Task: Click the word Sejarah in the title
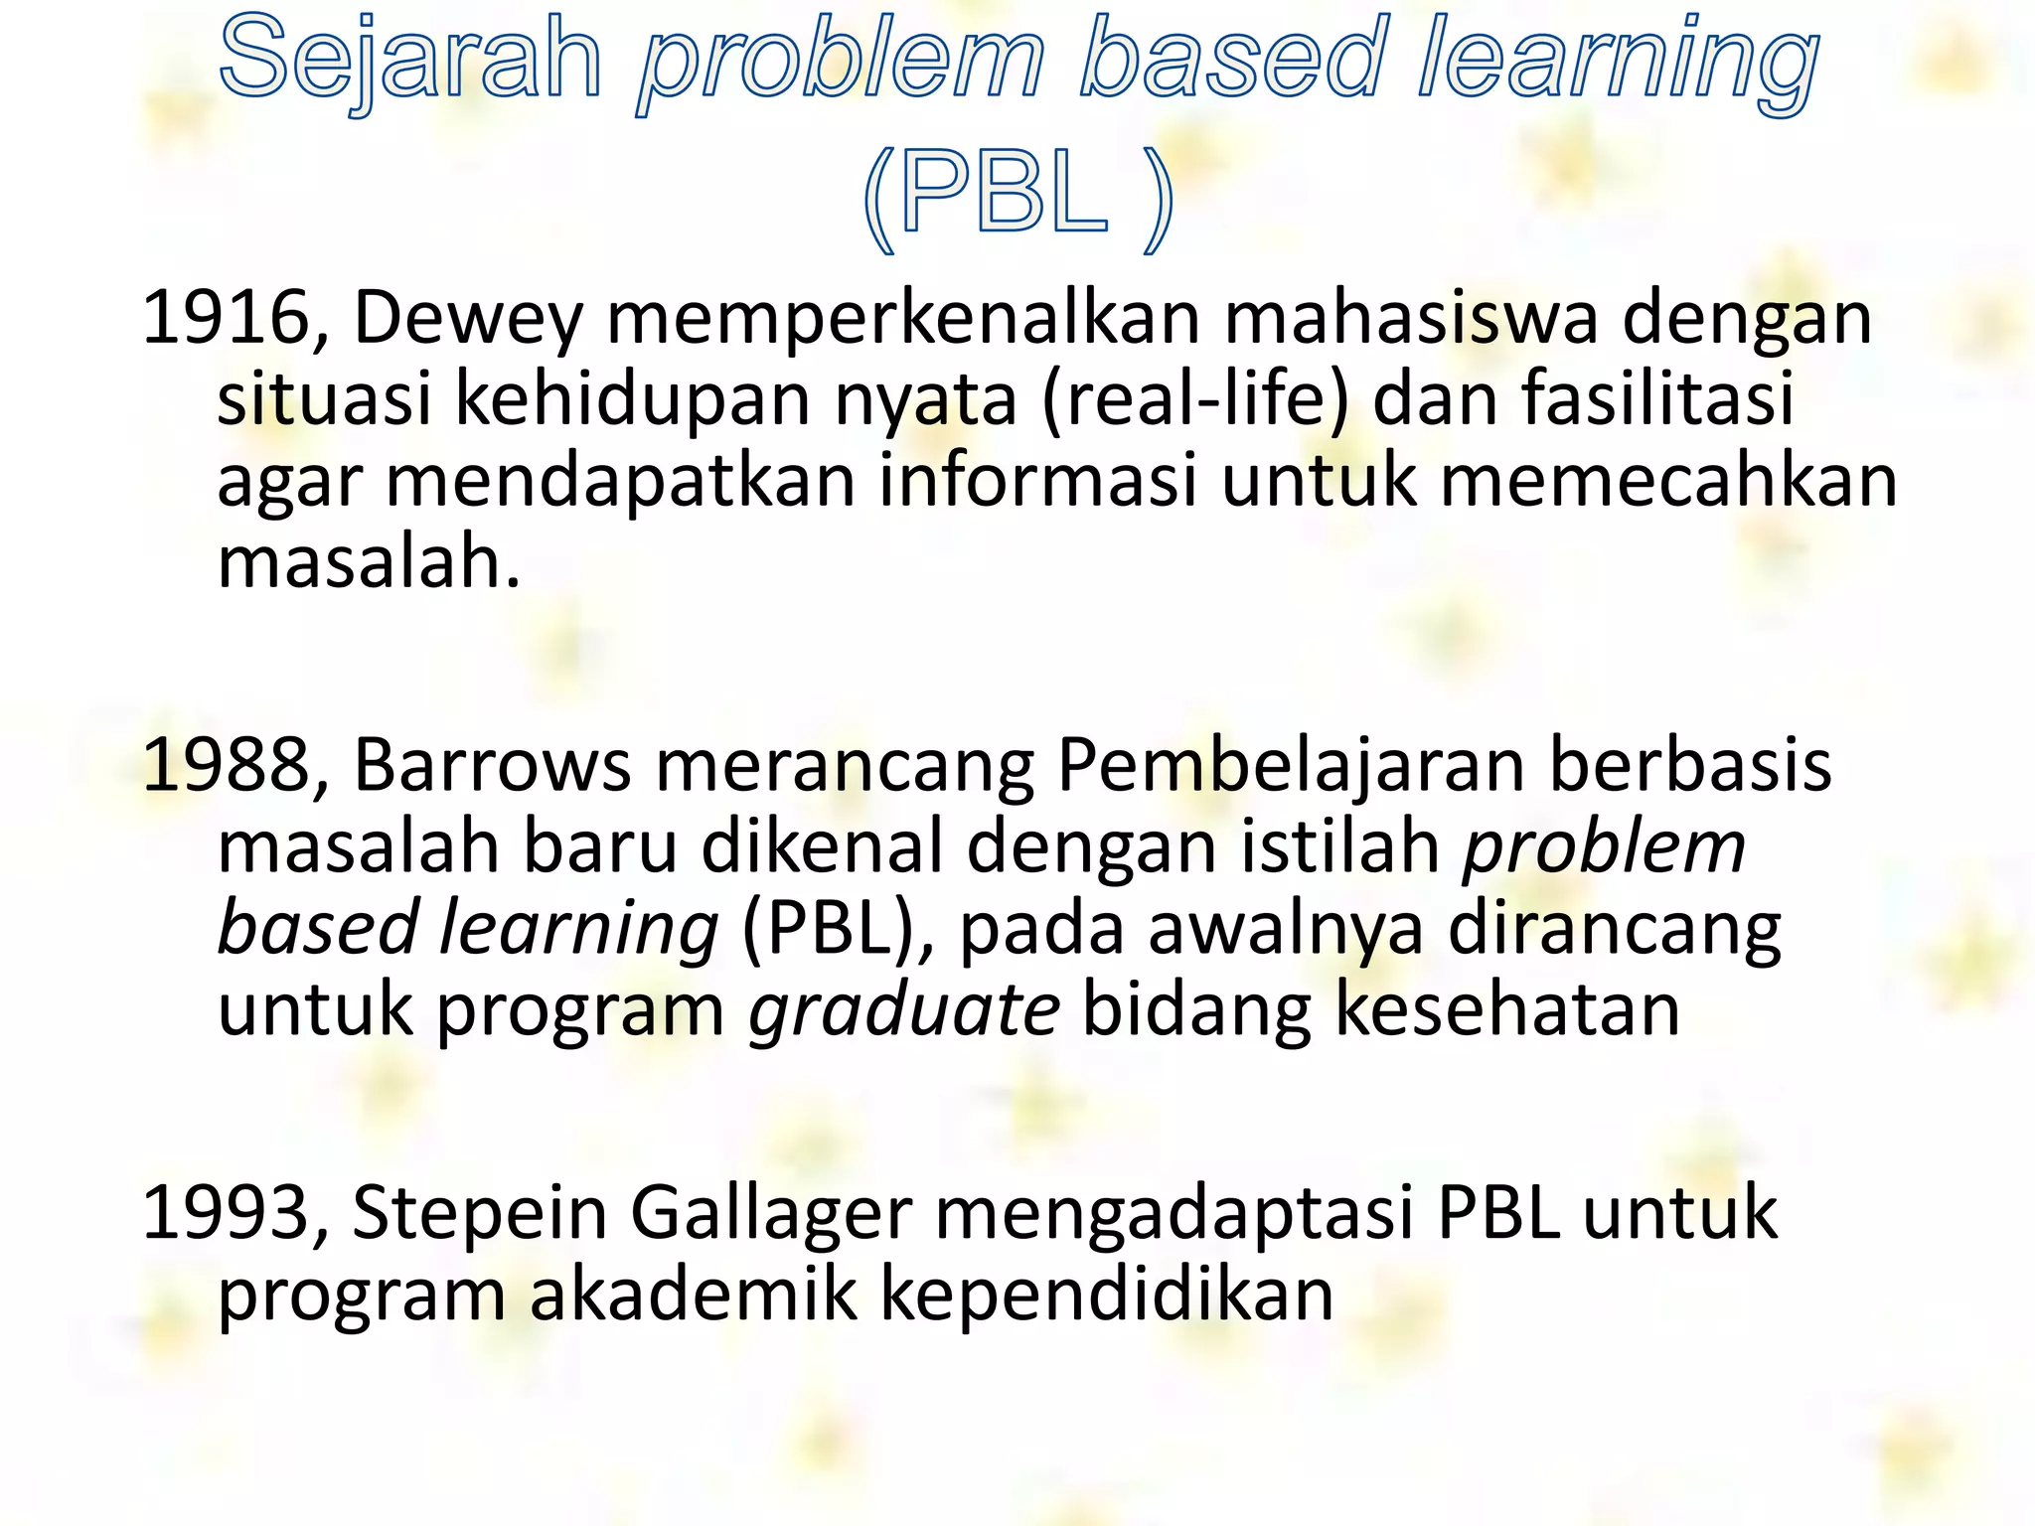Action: pyautogui.click(x=411, y=60)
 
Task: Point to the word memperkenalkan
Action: pyautogui.click(x=903, y=318)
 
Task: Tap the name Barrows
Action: pyautogui.click(x=492, y=766)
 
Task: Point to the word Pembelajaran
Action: pyautogui.click(x=1291, y=768)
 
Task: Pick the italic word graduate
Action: pyautogui.click(x=904, y=1012)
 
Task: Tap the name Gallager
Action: pyautogui.click(x=771, y=1215)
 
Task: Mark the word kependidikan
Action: pyautogui.click(x=1107, y=1297)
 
